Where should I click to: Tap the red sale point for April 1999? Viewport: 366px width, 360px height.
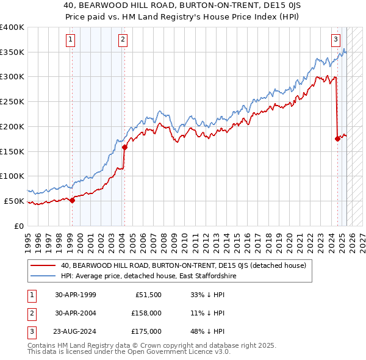click(x=72, y=200)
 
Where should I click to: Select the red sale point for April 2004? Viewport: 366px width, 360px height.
click(x=124, y=147)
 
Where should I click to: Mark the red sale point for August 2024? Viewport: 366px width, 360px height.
click(x=337, y=139)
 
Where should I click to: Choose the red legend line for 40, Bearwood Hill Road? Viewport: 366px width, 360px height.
click(x=43, y=265)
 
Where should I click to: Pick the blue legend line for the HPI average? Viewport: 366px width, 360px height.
click(x=43, y=276)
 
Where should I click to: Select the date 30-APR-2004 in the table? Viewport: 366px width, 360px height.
click(x=75, y=313)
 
